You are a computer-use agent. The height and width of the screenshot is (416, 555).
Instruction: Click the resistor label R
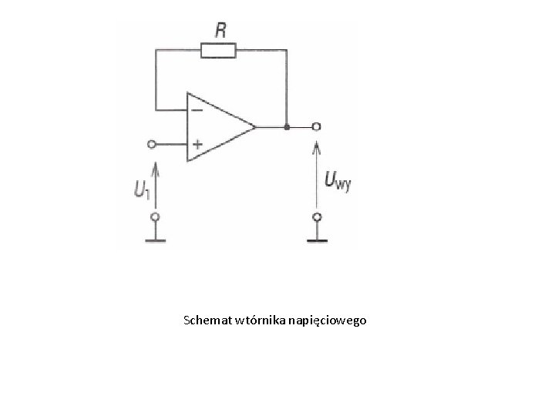(220, 31)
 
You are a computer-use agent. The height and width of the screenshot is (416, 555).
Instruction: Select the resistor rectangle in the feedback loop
(218, 51)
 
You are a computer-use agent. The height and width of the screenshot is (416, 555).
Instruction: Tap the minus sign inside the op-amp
(197, 109)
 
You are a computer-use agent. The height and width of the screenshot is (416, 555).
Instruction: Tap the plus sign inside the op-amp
(197, 144)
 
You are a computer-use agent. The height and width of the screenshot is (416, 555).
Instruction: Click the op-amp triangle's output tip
(255, 126)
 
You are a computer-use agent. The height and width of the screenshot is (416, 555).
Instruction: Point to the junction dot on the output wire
(287, 126)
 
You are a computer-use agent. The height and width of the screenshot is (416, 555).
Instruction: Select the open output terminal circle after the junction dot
(315, 126)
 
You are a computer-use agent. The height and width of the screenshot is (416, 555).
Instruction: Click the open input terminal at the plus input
(152, 144)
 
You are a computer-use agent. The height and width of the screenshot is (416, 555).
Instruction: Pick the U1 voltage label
(140, 188)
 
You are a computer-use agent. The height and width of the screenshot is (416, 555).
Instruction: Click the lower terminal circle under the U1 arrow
(155, 218)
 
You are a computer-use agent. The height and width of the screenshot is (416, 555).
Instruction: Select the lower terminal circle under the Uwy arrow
(315, 218)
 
